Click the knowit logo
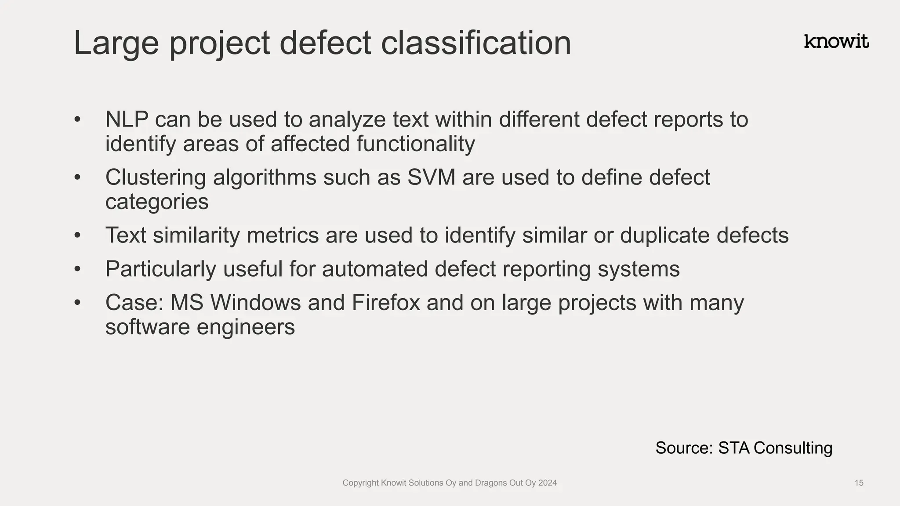click(836, 41)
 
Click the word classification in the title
click(476, 43)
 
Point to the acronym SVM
click(431, 177)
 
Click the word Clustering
click(156, 177)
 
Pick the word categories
click(157, 202)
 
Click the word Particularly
click(160, 269)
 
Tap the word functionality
click(415, 144)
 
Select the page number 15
click(859, 483)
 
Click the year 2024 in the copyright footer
click(548, 483)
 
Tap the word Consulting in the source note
click(793, 448)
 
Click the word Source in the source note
click(684, 448)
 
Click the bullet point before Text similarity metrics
click(78, 235)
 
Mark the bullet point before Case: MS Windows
click(78, 303)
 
